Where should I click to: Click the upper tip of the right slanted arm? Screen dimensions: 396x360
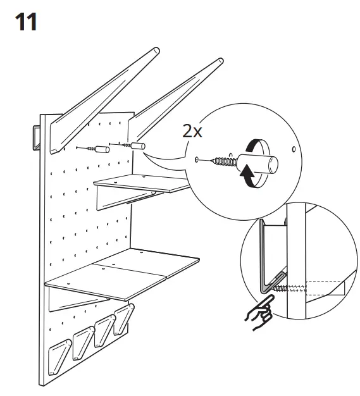click(218, 62)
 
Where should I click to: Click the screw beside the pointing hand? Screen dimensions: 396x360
click(289, 290)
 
